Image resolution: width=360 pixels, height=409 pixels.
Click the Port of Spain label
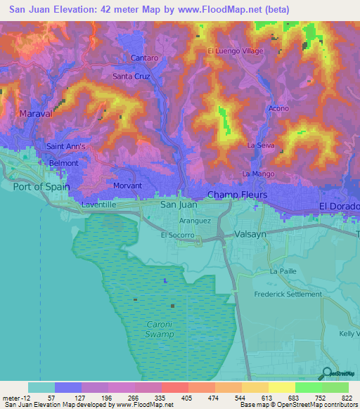point(41,186)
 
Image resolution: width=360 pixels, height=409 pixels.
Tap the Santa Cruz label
point(131,75)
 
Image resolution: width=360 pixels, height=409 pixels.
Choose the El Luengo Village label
point(235,51)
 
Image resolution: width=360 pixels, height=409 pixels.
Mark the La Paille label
point(285,271)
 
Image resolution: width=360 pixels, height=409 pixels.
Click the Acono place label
point(278,109)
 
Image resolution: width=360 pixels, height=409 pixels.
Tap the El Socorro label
point(178,236)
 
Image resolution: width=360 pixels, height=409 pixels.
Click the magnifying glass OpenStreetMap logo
point(327,373)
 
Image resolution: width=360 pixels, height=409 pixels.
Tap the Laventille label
point(98,204)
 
